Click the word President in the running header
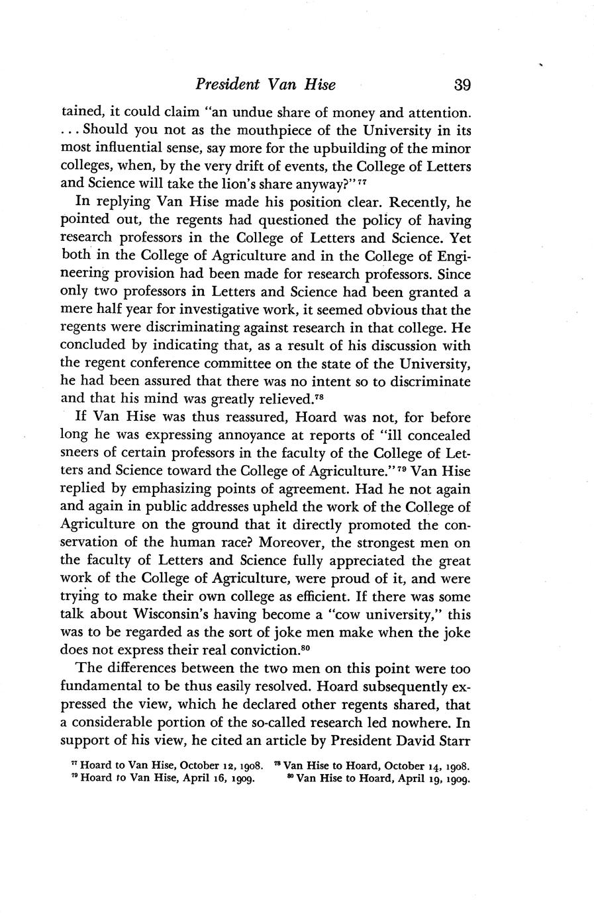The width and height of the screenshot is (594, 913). click(x=226, y=85)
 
